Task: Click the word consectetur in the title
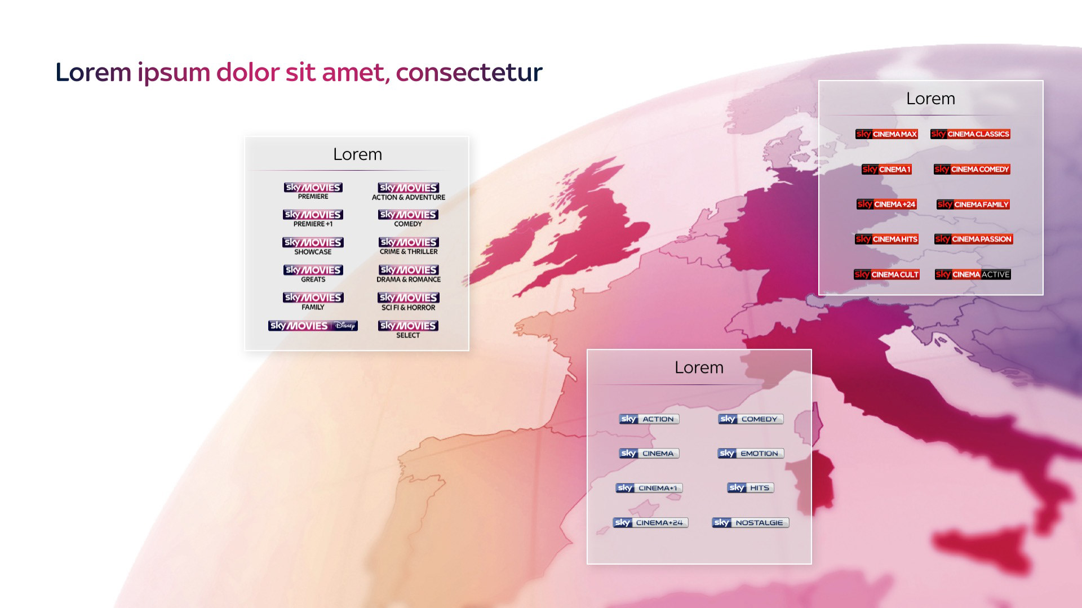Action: (x=469, y=73)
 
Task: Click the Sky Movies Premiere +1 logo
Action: (x=313, y=218)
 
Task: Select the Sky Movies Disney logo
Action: (x=313, y=326)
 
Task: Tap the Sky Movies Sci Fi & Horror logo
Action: (x=409, y=301)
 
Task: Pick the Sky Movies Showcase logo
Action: (x=313, y=246)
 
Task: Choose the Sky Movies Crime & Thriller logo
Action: (x=409, y=246)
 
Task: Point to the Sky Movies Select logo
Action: (x=409, y=329)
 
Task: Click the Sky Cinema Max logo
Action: (x=886, y=134)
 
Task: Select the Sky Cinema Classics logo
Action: (x=970, y=134)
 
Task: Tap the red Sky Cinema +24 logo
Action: (x=886, y=204)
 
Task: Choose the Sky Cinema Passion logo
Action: (x=974, y=239)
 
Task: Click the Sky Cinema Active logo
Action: (x=973, y=274)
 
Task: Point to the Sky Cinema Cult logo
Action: (x=887, y=274)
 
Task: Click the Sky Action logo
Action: (x=649, y=419)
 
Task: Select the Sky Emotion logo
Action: (x=751, y=453)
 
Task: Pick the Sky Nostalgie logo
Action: (x=751, y=522)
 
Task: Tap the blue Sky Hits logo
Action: (x=751, y=487)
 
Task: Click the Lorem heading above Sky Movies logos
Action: (x=357, y=154)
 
